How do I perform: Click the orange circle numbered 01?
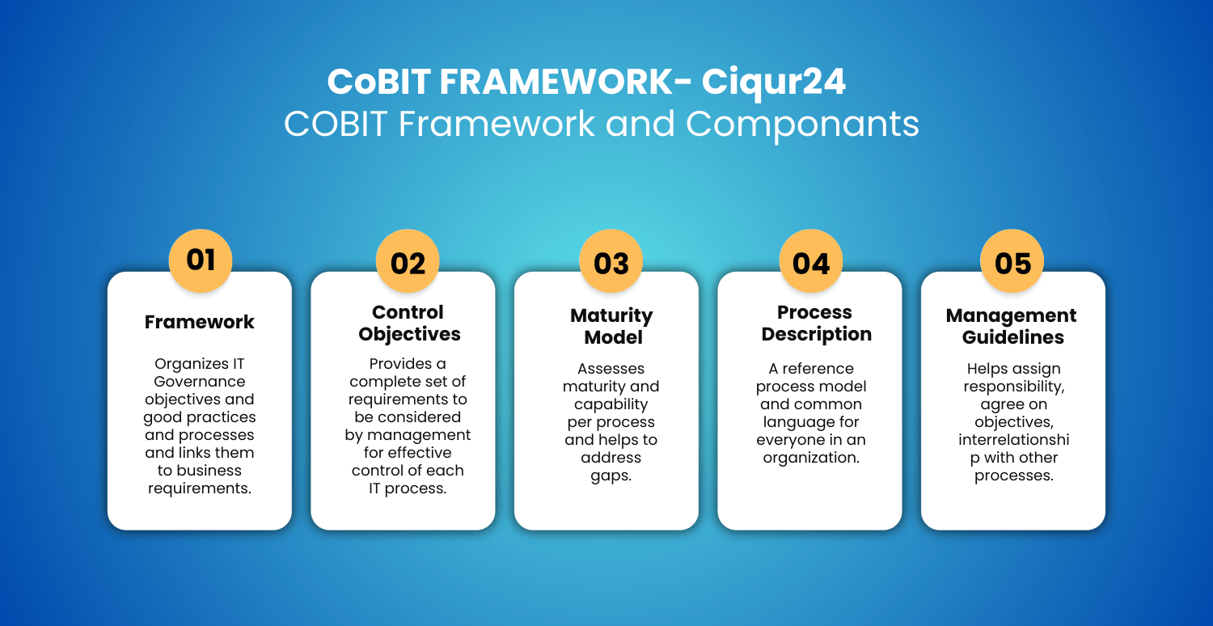[201, 260]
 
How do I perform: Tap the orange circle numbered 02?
[408, 260]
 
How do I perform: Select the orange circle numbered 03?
[611, 260]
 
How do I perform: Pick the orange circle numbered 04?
[810, 260]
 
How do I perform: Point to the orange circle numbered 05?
[1012, 260]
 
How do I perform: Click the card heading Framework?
[199, 322]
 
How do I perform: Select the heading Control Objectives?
[409, 324]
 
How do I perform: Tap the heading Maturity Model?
[612, 326]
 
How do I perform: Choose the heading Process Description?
[816, 324]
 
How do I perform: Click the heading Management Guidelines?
[1012, 326]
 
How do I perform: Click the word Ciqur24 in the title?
[774, 82]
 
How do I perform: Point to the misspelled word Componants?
[802, 125]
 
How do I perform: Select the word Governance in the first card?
[199, 381]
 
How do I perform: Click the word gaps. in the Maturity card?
[611, 476]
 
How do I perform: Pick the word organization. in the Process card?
[810, 458]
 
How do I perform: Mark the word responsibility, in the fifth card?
[1014, 387]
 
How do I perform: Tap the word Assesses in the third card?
[611, 368]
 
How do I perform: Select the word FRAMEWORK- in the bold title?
[565, 82]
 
